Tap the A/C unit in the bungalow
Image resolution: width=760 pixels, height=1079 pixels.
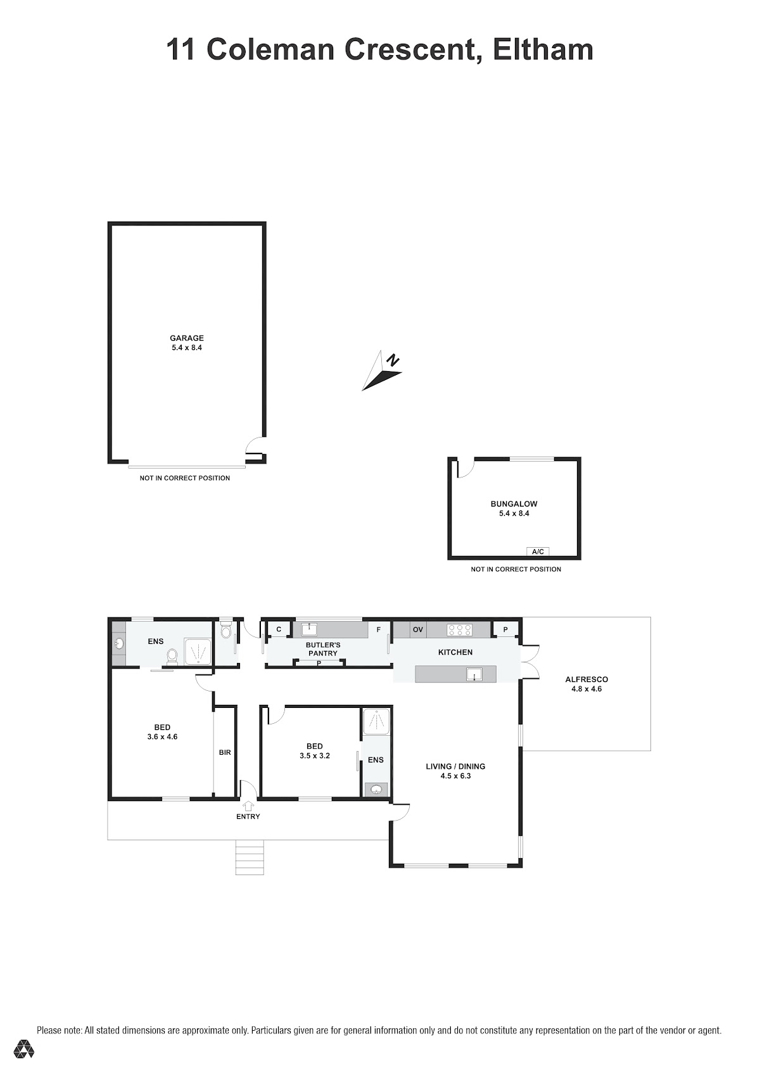538,552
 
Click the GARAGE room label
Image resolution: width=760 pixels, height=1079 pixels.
186,338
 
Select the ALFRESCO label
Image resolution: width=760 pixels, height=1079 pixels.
586,679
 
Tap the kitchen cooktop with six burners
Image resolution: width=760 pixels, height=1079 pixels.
459,629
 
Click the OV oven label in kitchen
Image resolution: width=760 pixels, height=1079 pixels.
418,629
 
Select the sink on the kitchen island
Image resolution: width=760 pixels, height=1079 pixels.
474,674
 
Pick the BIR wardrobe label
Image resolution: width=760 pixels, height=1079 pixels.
225,752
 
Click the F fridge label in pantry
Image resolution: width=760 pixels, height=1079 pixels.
378,629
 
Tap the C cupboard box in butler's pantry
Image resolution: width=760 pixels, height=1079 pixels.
279,629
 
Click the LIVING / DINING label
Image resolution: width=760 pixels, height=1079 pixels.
455,766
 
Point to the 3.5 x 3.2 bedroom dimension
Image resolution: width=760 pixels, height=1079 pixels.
315,756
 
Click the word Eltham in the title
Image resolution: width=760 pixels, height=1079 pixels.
543,50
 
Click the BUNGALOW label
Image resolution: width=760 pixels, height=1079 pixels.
514,504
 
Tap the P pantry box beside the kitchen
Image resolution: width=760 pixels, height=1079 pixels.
505,629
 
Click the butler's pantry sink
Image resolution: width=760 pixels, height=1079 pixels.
309,629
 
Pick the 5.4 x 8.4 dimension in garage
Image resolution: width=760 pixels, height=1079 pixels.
186,348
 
